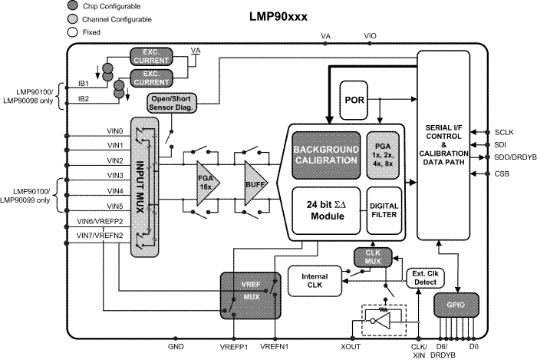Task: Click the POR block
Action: coord(354,100)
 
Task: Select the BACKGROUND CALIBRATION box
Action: coord(326,155)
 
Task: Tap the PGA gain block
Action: coord(384,155)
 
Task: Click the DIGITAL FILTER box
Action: coord(384,210)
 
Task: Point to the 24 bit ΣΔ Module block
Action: coord(326,210)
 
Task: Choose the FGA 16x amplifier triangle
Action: coord(207,183)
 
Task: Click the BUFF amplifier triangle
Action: coord(255,183)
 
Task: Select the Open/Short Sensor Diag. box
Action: coord(173,103)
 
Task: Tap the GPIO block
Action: coord(456,305)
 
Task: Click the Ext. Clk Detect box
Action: coord(425,278)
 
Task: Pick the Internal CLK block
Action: coord(315,280)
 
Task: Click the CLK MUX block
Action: coord(373,257)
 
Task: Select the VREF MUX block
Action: coord(250,296)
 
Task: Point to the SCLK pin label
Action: coord(504,132)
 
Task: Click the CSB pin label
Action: coord(502,173)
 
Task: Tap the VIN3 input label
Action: coord(115,175)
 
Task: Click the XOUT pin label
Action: coord(351,347)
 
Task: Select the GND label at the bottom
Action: coord(176,347)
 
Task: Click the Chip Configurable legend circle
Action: coord(73,5)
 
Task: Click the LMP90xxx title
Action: coord(278,17)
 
